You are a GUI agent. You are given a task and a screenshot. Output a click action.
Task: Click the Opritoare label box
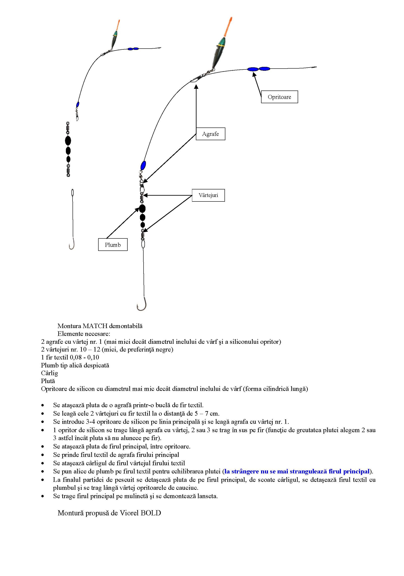(x=279, y=97)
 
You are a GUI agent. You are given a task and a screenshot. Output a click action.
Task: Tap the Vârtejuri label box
(x=208, y=195)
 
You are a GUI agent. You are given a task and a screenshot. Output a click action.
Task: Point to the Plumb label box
(x=113, y=245)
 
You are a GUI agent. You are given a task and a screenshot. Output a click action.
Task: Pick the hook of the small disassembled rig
(x=72, y=245)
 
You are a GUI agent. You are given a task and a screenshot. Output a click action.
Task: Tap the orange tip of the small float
(x=118, y=25)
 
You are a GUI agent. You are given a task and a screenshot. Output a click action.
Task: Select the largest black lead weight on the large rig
(x=142, y=209)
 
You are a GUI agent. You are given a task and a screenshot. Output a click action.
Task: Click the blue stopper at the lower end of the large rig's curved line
(x=143, y=166)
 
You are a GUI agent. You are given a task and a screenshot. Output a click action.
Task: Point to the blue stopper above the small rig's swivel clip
(x=77, y=104)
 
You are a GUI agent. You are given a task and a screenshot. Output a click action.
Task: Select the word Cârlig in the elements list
(x=50, y=373)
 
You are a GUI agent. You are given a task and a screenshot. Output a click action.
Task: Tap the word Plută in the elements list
(x=48, y=381)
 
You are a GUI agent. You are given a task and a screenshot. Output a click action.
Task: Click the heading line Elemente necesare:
(x=84, y=334)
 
